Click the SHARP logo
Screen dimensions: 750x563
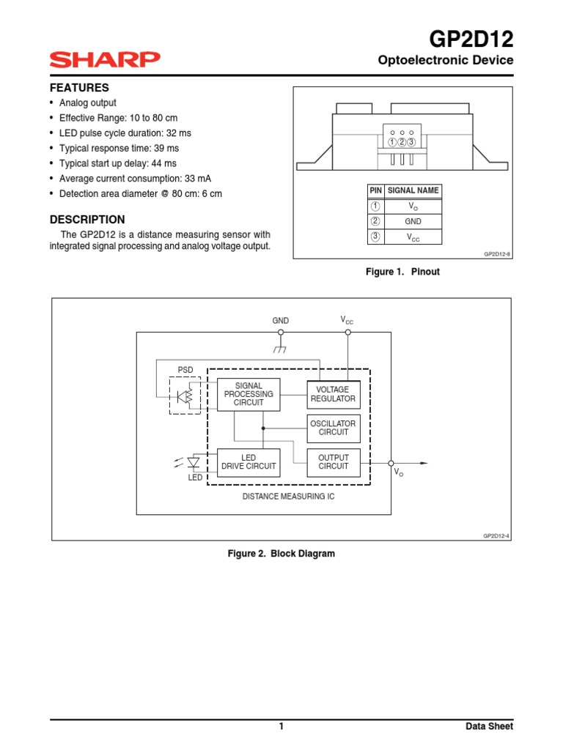[105, 59]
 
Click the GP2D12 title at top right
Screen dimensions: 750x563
[471, 39]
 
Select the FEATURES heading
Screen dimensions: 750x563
[79, 87]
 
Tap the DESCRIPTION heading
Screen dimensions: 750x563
[87, 219]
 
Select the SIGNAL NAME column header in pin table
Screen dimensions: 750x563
[413, 190]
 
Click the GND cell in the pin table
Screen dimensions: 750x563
[413, 221]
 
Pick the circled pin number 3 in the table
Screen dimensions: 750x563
[375, 237]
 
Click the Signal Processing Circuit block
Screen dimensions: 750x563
[249, 395]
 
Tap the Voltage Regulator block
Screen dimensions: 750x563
[333, 395]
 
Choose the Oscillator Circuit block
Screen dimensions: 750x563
[333, 428]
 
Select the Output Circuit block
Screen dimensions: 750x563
[333, 462]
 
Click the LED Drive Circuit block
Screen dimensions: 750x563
[249, 462]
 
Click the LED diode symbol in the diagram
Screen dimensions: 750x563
[194, 462]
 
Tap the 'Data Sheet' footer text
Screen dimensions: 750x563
[489, 727]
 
